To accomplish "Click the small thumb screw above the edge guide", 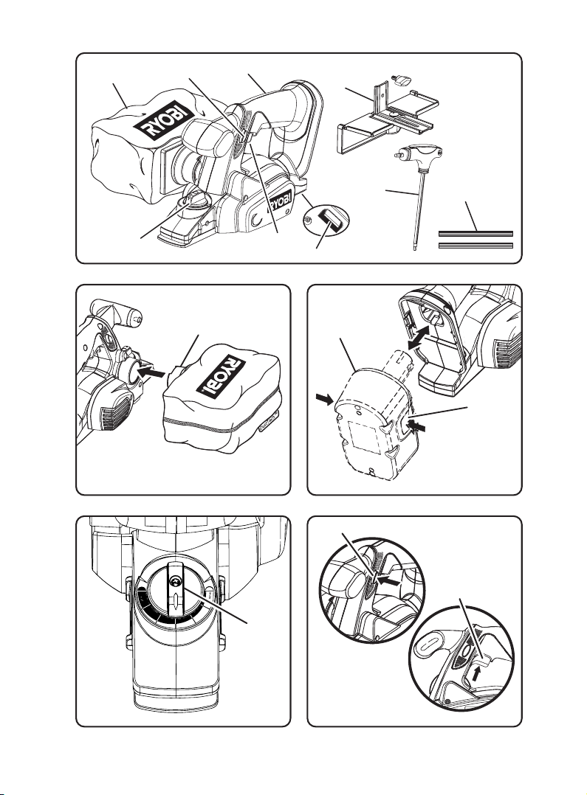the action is (x=401, y=81).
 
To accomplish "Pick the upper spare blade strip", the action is (x=476, y=234).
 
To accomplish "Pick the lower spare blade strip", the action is (x=476, y=246).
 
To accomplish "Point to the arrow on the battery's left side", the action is (x=324, y=400).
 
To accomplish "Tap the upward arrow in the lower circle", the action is (x=476, y=673).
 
